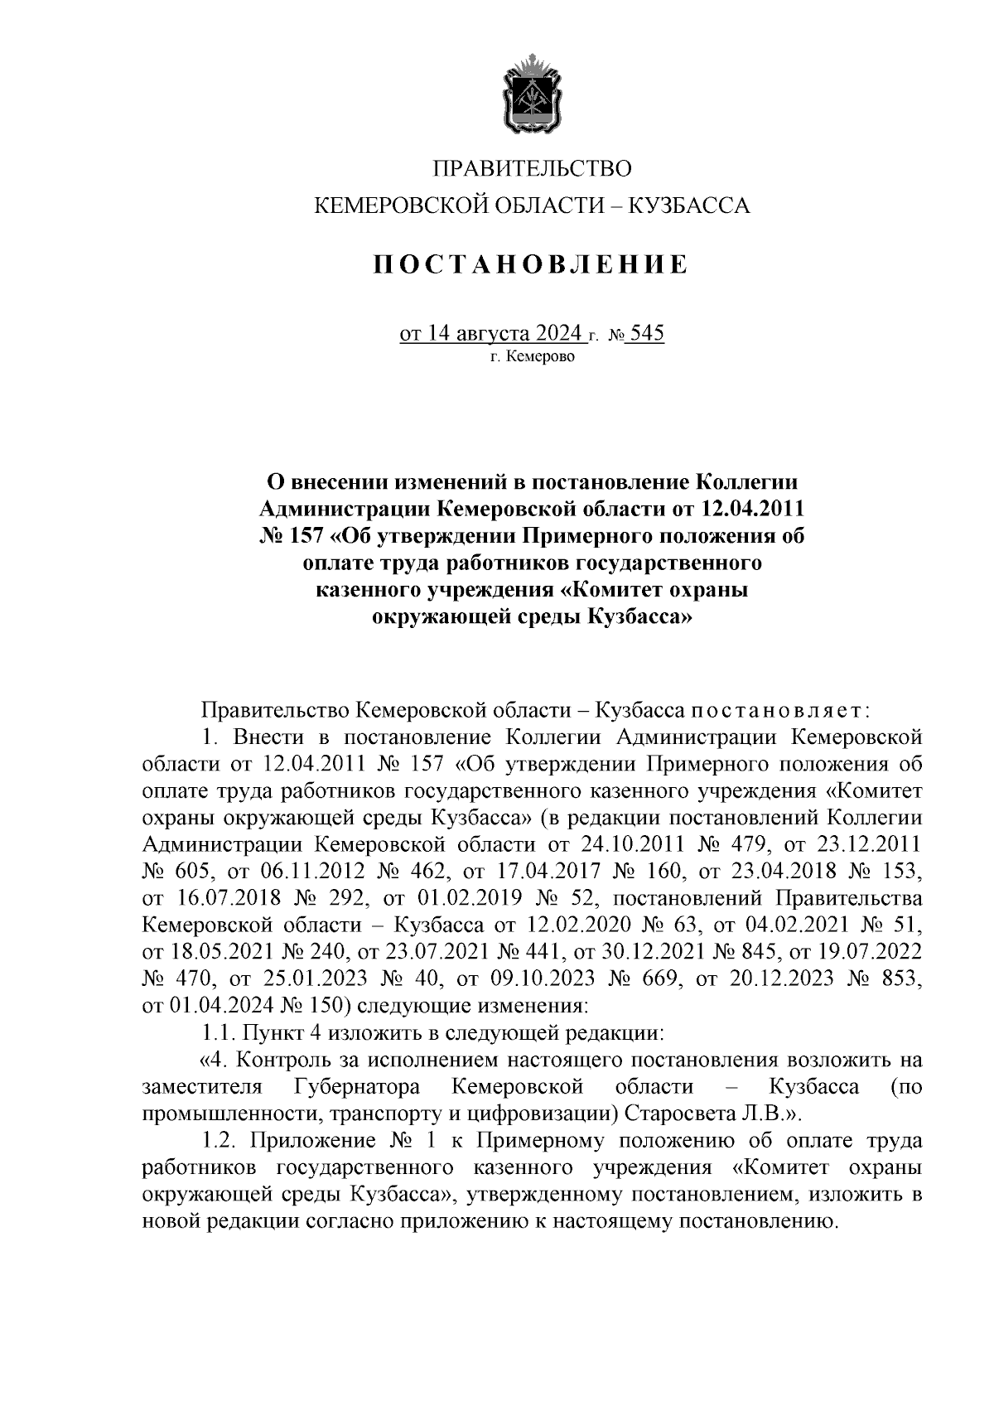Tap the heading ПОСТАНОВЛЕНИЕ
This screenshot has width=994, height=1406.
(x=530, y=264)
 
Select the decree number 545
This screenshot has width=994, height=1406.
(x=647, y=334)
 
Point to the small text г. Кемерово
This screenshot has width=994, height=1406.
(x=530, y=358)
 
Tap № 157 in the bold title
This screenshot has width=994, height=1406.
(x=286, y=535)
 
